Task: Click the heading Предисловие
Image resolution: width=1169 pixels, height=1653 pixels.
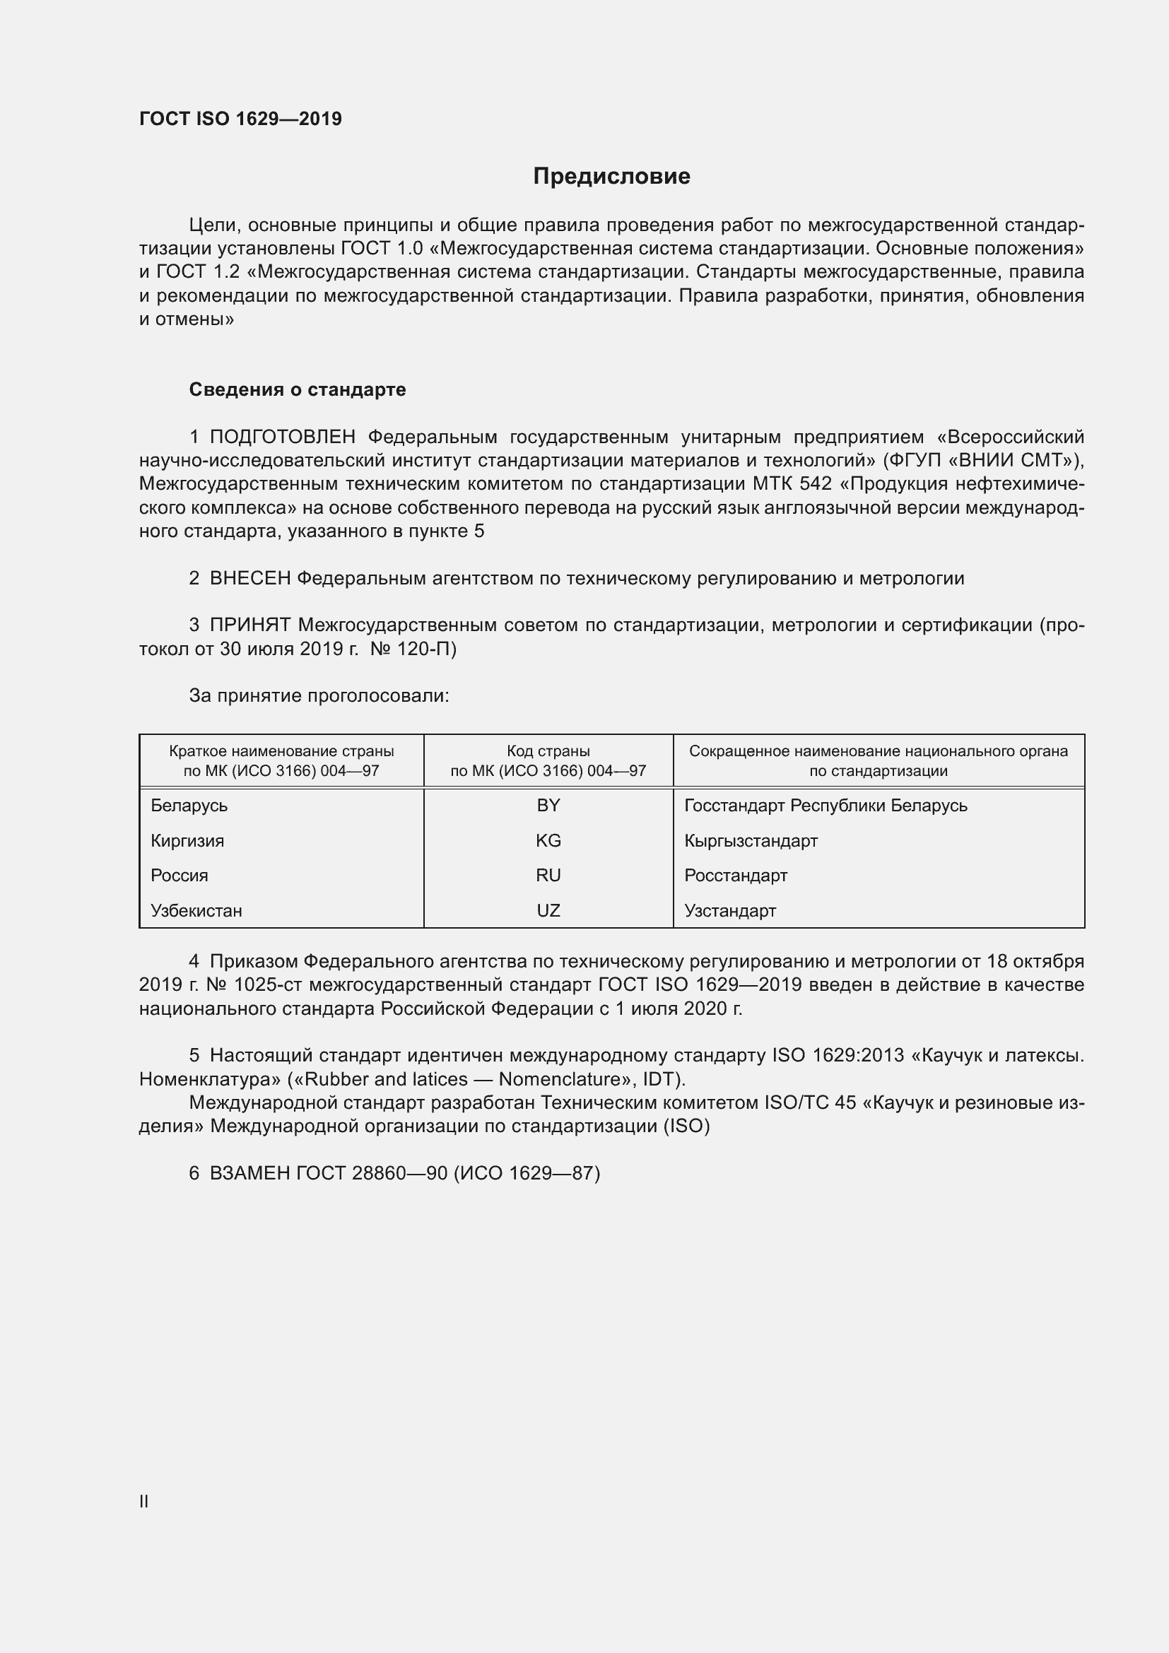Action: click(x=611, y=177)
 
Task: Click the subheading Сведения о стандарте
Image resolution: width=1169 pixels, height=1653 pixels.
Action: click(x=298, y=389)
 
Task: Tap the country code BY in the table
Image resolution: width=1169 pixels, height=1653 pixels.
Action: click(x=548, y=806)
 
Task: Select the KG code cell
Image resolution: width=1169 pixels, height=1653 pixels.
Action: click(x=548, y=841)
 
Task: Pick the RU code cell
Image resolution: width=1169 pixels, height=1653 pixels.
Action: click(x=548, y=876)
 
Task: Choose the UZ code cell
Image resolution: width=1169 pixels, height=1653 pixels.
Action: click(x=548, y=911)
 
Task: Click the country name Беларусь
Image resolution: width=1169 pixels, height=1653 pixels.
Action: click(x=189, y=806)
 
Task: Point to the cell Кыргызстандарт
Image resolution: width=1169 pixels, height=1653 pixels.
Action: click(x=751, y=841)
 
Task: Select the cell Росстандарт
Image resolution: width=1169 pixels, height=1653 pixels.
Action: click(x=736, y=876)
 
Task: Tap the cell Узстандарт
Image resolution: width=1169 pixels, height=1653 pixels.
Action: click(x=730, y=911)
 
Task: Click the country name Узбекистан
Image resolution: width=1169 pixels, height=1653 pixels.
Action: click(x=196, y=911)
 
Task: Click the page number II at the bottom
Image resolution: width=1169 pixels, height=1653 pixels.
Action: click(x=144, y=1502)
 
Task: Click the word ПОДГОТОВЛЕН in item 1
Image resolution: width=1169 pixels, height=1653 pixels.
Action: click(x=282, y=437)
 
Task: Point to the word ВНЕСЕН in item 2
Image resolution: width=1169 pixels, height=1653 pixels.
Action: click(x=249, y=578)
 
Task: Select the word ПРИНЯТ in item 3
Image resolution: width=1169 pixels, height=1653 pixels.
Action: click(x=249, y=625)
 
